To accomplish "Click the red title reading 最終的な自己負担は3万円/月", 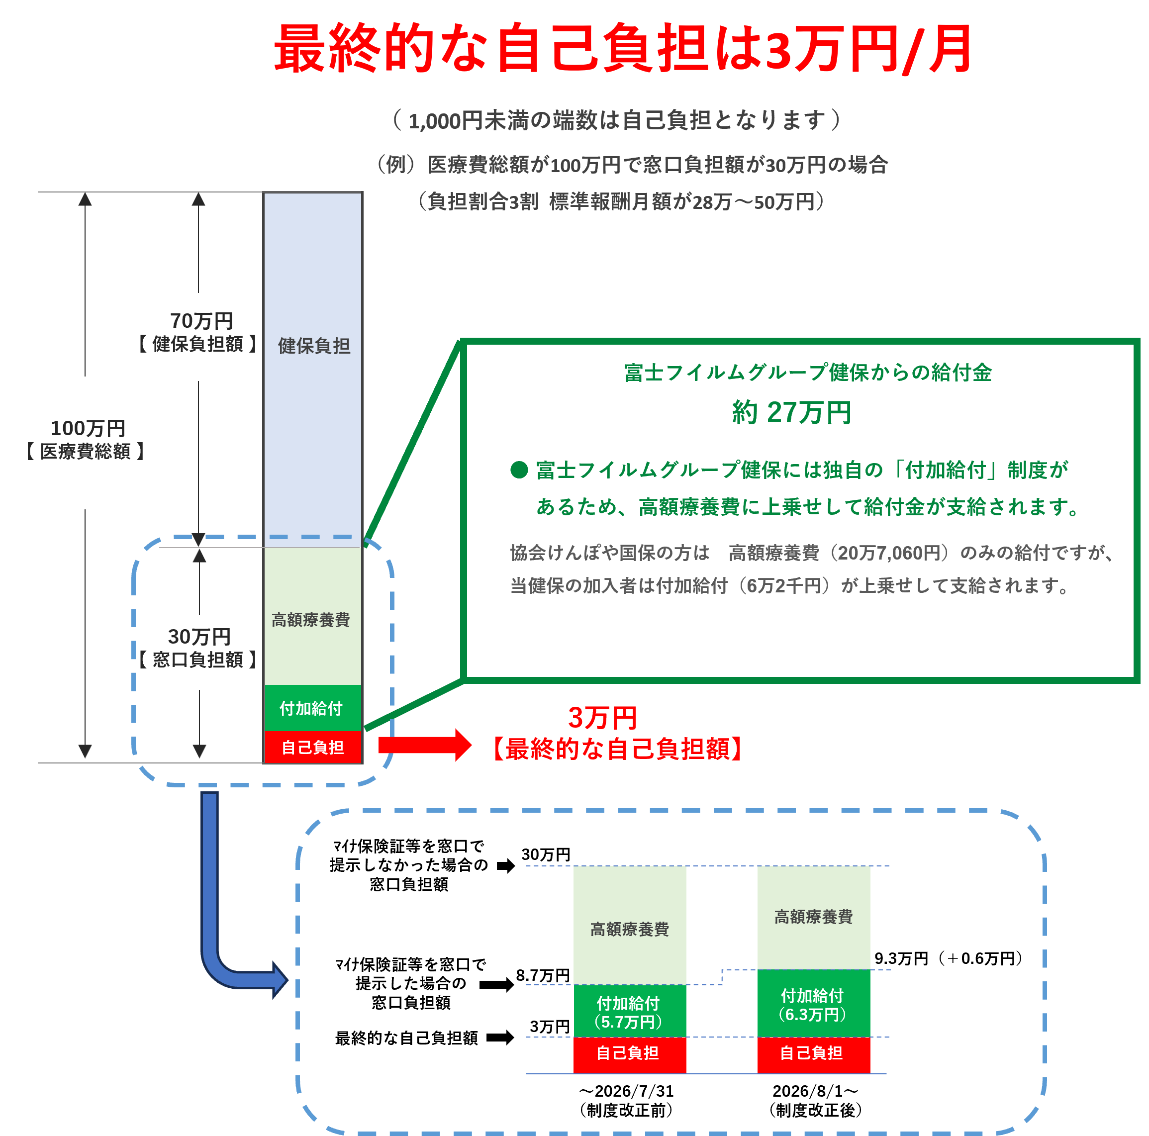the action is pyautogui.click(x=622, y=49).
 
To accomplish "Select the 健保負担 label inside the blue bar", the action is pyautogui.click(x=313, y=346).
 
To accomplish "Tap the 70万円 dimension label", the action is pyautogui.click(x=201, y=321).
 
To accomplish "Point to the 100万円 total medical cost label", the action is pyautogui.click(x=88, y=428).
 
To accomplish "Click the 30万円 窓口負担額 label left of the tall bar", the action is pyautogui.click(x=198, y=647).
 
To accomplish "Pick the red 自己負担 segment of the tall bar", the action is pyautogui.click(x=313, y=747).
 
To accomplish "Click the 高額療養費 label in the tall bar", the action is pyautogui.click(x=310, y=620).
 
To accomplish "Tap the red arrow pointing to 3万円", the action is pyautogui.click(x=425, y=745).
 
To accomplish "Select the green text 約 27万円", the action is pyautogui.click(x=791, y=412).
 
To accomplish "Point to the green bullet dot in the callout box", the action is pyautogui.click(x=519, y=470).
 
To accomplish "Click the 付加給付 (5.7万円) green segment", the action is pyautogui.click(x=629, y=1012).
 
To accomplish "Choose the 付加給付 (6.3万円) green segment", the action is pyautogui.click(x=814, y=1003).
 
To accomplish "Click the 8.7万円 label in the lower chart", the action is pyautogui.click(x=543, y=975).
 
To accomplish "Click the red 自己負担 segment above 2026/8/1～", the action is pyautogui.click(x=814, y=1054).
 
